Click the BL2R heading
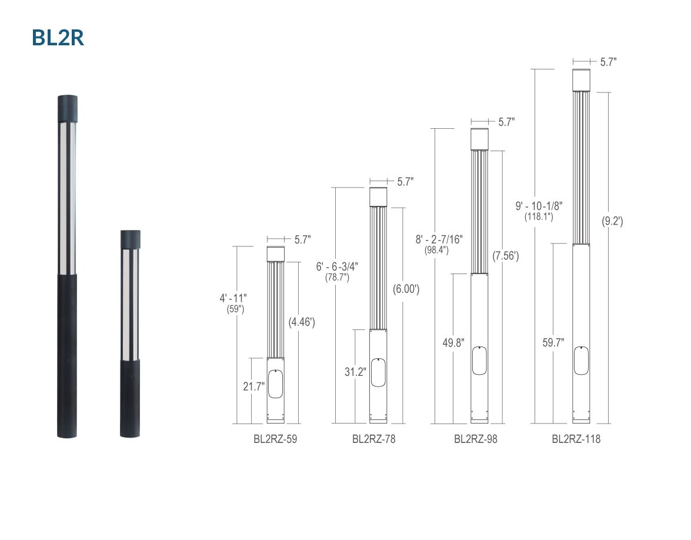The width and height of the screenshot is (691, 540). [58, 38]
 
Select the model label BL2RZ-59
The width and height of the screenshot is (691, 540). [275, 439]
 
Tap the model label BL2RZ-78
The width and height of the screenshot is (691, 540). [373, 439]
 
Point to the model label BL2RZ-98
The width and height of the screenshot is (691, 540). [476, 439]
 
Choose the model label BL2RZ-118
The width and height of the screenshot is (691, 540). [576, 439]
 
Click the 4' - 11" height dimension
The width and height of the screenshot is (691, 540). [233, 298]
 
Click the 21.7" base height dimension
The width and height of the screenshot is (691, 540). [254, 386]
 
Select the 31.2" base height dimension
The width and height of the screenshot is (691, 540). [355, 372]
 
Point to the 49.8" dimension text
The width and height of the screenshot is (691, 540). [453, 342]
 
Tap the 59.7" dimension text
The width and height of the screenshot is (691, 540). [553, 342]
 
